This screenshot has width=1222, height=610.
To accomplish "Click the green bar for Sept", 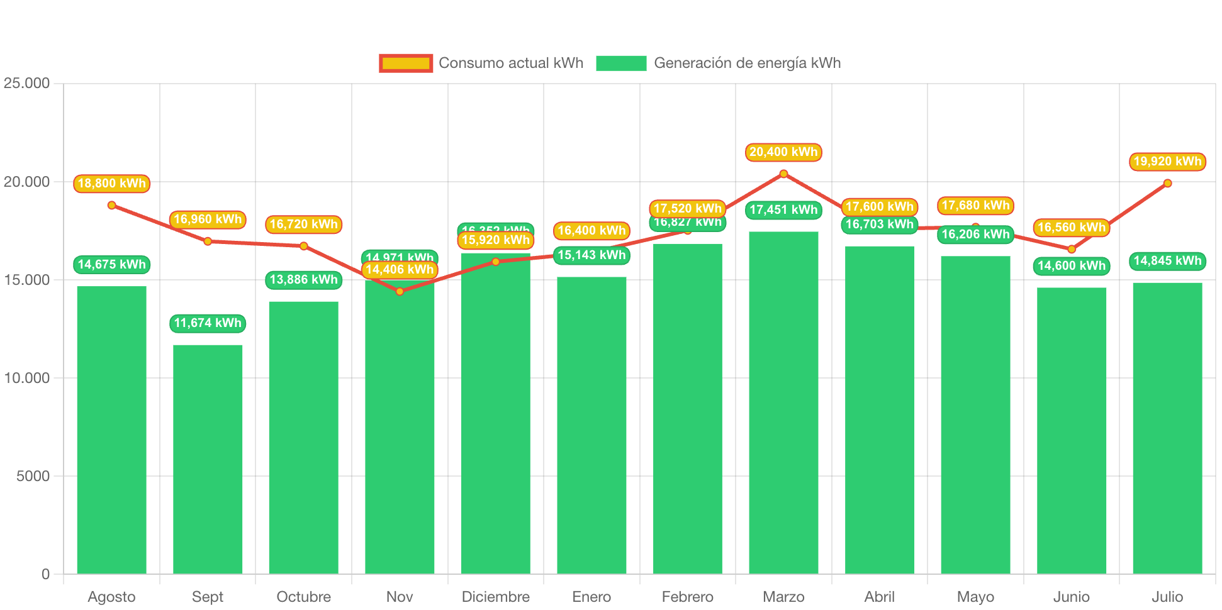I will click(x=208, y=459).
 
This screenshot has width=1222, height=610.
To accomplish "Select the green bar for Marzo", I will click(x=783, y=402).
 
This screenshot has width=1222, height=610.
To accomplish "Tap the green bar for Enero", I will click(x=591, y=425).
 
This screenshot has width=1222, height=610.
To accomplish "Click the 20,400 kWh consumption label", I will click(x=783, y=152).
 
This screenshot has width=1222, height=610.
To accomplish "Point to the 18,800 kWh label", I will click(x=111, y=184).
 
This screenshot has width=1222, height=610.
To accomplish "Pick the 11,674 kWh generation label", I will click(x=208, y=323).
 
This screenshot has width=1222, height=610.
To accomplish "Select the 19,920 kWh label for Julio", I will click(x=1167, y=162).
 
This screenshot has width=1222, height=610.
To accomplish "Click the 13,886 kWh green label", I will click(x=303, y=280).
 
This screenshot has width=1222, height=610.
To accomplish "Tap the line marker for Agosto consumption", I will click(x=111, y=205).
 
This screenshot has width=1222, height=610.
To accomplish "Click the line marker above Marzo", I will click(x=783, y=174).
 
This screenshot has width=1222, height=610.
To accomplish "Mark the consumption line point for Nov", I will click(x=400, y=291).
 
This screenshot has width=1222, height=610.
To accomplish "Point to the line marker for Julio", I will click(x=1167, y=183).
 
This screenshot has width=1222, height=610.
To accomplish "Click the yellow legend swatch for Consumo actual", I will click(x=406, y=63).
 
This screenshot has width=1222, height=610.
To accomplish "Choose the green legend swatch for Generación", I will click(x=621, y=63).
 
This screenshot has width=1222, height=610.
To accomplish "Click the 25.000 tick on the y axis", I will click(x=26, y=83).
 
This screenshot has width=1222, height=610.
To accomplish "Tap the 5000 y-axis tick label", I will click(x=33, y=476).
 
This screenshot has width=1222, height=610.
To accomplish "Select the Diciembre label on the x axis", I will click(x=495, y=596).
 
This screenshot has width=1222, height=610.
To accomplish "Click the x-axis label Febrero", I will click(x=687, y=596).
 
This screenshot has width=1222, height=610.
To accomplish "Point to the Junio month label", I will click(x=1071, y=596).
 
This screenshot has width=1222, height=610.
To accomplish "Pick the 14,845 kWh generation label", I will click(x=1167, y=261).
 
